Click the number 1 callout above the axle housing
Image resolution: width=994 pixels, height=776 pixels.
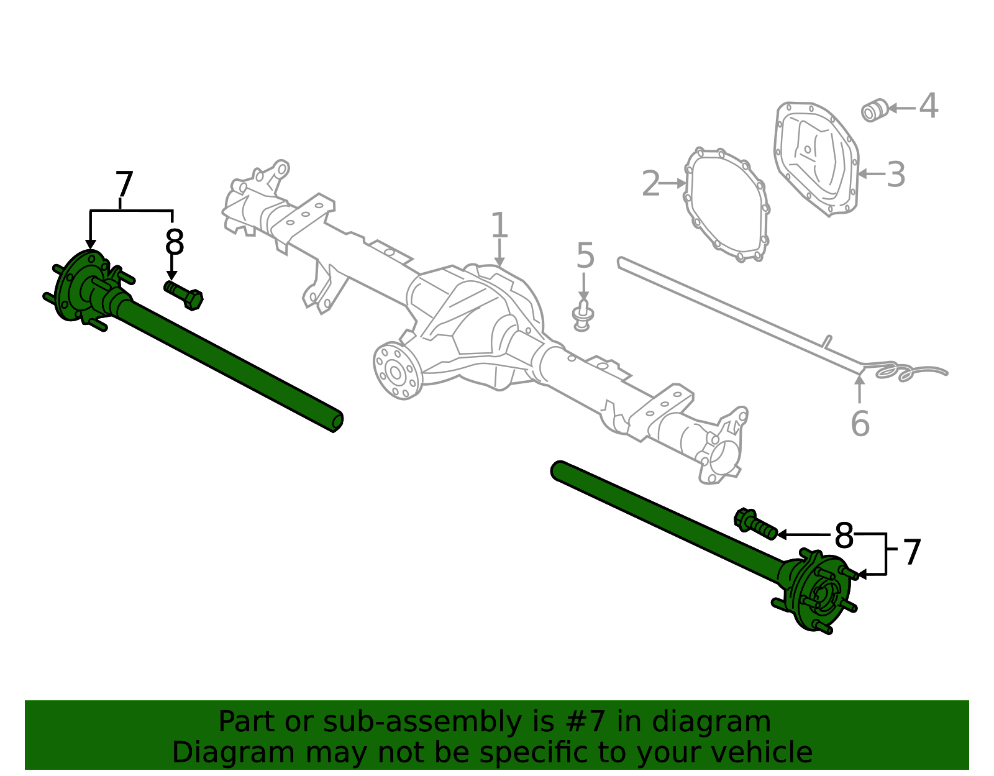pos(499,226)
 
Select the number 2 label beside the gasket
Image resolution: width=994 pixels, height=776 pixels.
pos(650,184)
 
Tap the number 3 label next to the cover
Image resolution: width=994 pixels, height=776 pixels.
pos(895,175)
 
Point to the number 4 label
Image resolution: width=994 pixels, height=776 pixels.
pos(928,106)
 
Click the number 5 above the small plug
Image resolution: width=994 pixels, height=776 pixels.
pos(585,256)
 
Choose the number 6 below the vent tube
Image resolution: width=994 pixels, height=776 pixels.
pos(860,424)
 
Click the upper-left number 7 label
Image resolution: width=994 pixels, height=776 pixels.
pos(124,185)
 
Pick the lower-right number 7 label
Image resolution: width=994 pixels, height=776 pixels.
pos(911,552)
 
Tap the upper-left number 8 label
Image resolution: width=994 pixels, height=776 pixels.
pos(175,243)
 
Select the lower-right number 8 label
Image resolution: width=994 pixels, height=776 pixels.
pos(844,536)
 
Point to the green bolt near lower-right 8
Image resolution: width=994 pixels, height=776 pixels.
pos(755,523)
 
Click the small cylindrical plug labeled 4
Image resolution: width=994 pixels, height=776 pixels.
pos(873,110)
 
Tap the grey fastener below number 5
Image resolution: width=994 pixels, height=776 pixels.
pos(582,316)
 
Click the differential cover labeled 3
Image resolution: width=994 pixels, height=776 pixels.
pos(816,158)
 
